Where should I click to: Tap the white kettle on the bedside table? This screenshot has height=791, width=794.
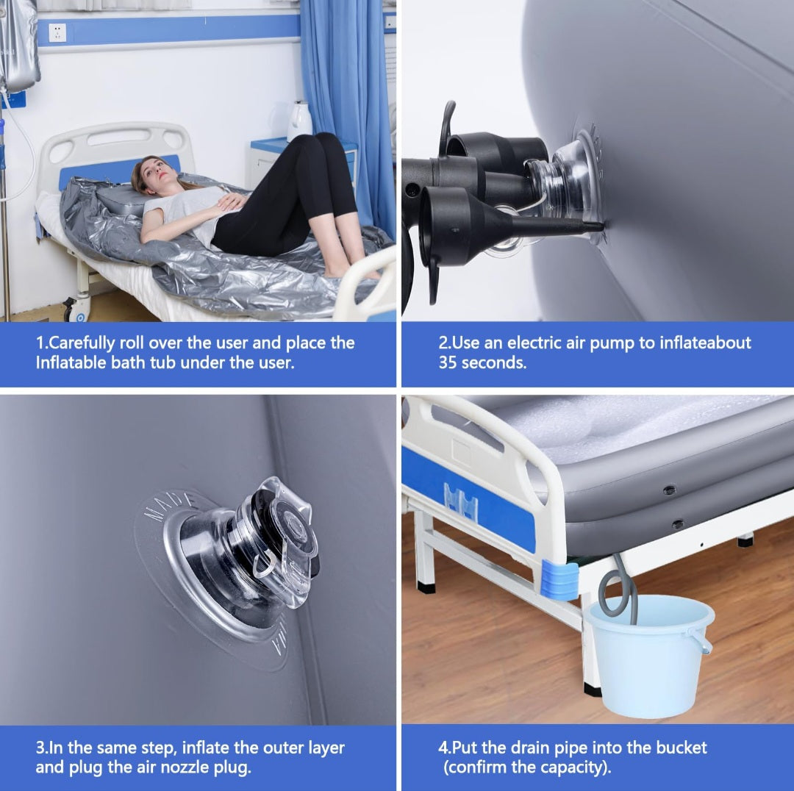300,121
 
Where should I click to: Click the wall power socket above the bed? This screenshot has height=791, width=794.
57,33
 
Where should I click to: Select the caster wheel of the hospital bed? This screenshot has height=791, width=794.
76,309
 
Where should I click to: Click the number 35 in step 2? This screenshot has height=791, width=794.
448,362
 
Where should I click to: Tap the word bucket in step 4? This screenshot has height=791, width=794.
681,748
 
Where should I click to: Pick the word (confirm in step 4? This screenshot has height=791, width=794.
474,767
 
